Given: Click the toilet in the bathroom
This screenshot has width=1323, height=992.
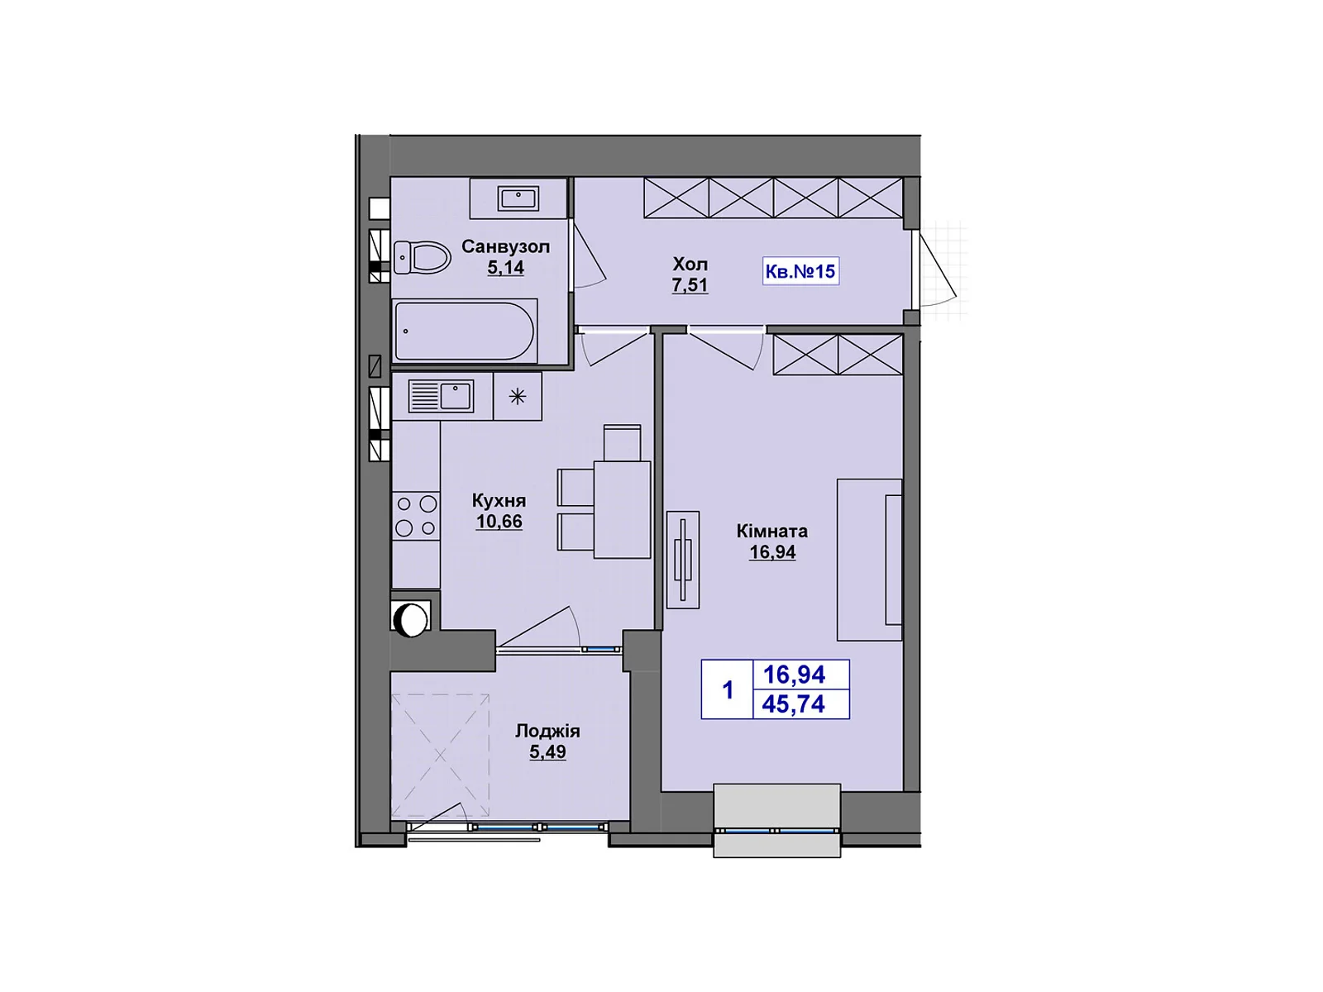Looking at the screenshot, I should pyautogui.click(x=422, y=257).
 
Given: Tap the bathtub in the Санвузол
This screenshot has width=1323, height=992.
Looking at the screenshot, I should pyautogui.click(x=466, y=331).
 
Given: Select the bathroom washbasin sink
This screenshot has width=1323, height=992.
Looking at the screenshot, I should pyautogui.click(x=518, y=198).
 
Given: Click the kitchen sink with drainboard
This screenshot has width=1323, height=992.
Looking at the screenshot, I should pyautogui.click(x=442, y=396).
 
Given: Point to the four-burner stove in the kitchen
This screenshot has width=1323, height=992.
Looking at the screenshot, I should pyautogui.click(x=416, y=516).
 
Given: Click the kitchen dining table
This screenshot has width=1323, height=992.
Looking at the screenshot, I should pyautogui.click(x=622, y=509).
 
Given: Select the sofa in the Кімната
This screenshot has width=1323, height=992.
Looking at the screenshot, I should pyautogui.click(x=870, y=560).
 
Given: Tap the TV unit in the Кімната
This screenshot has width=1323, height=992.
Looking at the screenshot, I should pyautogui.click(x=683, y=560).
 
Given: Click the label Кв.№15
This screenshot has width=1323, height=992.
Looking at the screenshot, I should pyautogui.click(x=800, y=271).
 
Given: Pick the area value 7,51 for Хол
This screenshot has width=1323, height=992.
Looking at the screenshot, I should pyautogui.click(x=690, y=286).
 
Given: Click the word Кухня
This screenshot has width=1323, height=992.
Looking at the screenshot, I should pyautogui.click(x=499, y=500).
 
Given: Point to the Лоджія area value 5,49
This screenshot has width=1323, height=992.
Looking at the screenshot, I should pyautogui.click(x=547, y=752).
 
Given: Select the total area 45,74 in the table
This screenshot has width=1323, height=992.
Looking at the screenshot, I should pyautogui.click(x=794, y=704).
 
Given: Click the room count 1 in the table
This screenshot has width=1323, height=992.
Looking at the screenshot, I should pyautogui.click(x=728, y=689).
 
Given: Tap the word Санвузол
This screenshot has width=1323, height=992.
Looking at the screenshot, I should pyautogui.click(x=505, y=246).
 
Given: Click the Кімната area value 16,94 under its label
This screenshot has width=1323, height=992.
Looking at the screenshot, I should pyautogui.click(x=772, y=552).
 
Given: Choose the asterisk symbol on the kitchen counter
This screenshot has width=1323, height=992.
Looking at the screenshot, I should pyautogui.click(x=518, y=397).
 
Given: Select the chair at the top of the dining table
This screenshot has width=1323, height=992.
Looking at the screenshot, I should pyautogui.click(x=622, y=442).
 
